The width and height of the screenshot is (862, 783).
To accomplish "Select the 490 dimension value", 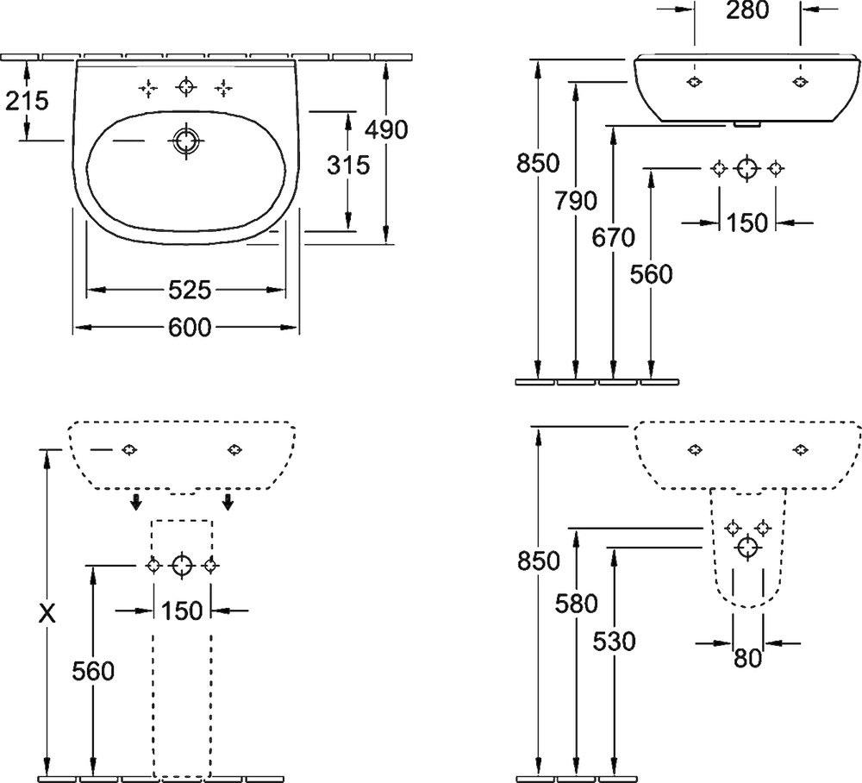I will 385,129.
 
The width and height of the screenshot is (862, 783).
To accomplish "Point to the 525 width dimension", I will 189,291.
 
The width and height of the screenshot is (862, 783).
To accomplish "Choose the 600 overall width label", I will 189,328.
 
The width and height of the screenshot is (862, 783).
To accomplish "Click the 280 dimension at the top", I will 747,10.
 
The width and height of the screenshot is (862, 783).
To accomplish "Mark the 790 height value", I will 576,201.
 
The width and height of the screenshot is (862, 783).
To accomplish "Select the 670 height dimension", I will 613,237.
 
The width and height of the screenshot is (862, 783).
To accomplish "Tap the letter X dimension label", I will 48,613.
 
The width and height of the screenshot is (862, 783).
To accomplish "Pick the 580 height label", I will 576,604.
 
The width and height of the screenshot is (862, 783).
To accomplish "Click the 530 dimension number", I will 613,641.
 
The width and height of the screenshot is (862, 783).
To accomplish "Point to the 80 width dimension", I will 747,658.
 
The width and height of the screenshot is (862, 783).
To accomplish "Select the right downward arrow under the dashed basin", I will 228,501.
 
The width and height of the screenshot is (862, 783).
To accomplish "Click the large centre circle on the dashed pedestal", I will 181,566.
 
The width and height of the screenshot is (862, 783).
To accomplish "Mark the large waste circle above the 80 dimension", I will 747,546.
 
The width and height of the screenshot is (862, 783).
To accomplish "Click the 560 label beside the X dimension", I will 93,670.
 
